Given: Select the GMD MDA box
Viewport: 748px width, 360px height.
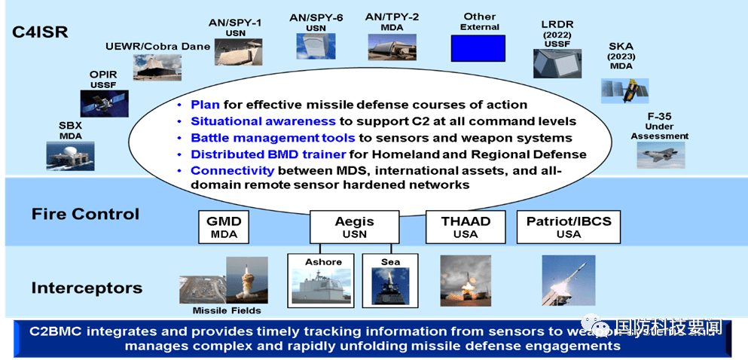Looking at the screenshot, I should click(x=224, y=226).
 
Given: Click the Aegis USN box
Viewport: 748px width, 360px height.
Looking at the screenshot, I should click(x=354, y=226).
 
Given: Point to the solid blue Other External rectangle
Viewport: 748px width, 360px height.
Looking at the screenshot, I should click(x=477, y=49).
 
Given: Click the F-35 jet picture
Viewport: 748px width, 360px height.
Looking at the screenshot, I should click(x=662, y=154).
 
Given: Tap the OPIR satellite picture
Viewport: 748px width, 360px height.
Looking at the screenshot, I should click(x=104, y=103).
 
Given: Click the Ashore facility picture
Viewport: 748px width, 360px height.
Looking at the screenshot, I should click(x=322, y=285).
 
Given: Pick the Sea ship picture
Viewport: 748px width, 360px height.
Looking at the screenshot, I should click(x=389, y=285).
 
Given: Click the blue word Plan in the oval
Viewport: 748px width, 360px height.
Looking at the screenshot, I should click(x=205, y=105).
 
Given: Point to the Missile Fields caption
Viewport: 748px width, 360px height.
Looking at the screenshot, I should click(x=227, y=310).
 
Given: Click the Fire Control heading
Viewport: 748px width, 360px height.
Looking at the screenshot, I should click(x=85, y=214).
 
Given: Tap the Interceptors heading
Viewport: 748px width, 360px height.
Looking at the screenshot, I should click(x=87, y=288).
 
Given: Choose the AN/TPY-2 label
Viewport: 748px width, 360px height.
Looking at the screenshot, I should click(x=391, y=16).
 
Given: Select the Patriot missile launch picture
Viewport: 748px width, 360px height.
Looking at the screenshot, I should click(x=568, y=279).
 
